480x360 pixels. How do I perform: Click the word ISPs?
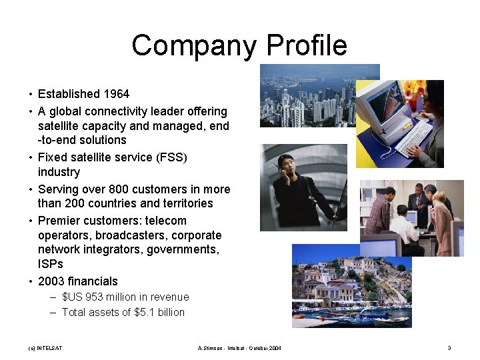pos(51,264)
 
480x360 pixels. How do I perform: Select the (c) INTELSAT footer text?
pos(45,348)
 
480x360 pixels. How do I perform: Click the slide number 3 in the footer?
pos(449,348)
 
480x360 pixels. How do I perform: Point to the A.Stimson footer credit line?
pos(240,348)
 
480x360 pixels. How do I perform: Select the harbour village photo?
pos(351,287)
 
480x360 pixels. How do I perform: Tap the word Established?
pos(67,94)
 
